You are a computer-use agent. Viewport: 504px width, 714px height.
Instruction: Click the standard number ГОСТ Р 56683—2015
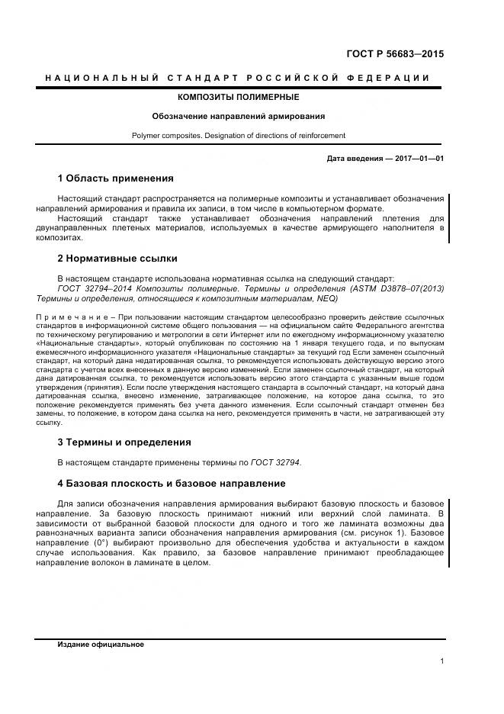click(x=396, y=54)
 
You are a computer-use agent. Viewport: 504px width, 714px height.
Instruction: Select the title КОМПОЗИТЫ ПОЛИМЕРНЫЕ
click(x=238, y=98)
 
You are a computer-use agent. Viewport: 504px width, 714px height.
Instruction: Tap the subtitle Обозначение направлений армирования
click(x=238, y=117)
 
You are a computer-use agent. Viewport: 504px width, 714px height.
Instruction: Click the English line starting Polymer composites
click(x=238, y=136)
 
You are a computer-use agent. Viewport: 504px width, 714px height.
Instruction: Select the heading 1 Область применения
click(x=115, y=178)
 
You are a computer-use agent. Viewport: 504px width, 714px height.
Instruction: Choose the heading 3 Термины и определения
click(x=124, y=442)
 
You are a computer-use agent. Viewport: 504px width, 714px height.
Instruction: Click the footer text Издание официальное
click(x=101, y=645)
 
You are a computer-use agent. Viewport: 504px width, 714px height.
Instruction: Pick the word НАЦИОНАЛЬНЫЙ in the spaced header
click(x=102, y=78)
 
